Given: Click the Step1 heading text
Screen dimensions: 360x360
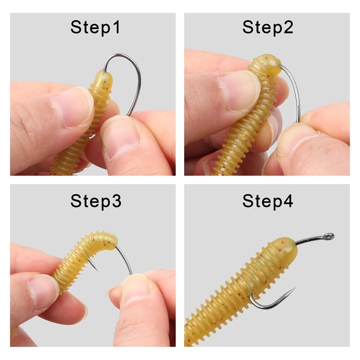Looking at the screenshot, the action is pyautogui.click(x=95, y=27).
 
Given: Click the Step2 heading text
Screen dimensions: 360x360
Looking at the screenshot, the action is pyautogui.click(x=268, y=27).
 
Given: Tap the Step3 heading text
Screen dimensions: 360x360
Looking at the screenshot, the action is pyautogui.click(x=96, y=201).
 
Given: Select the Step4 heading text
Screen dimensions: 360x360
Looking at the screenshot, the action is pyautogui.click(x=268, y=201).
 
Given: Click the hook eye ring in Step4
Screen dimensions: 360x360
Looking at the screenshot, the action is pyautogui.click(x=329, y=236).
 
